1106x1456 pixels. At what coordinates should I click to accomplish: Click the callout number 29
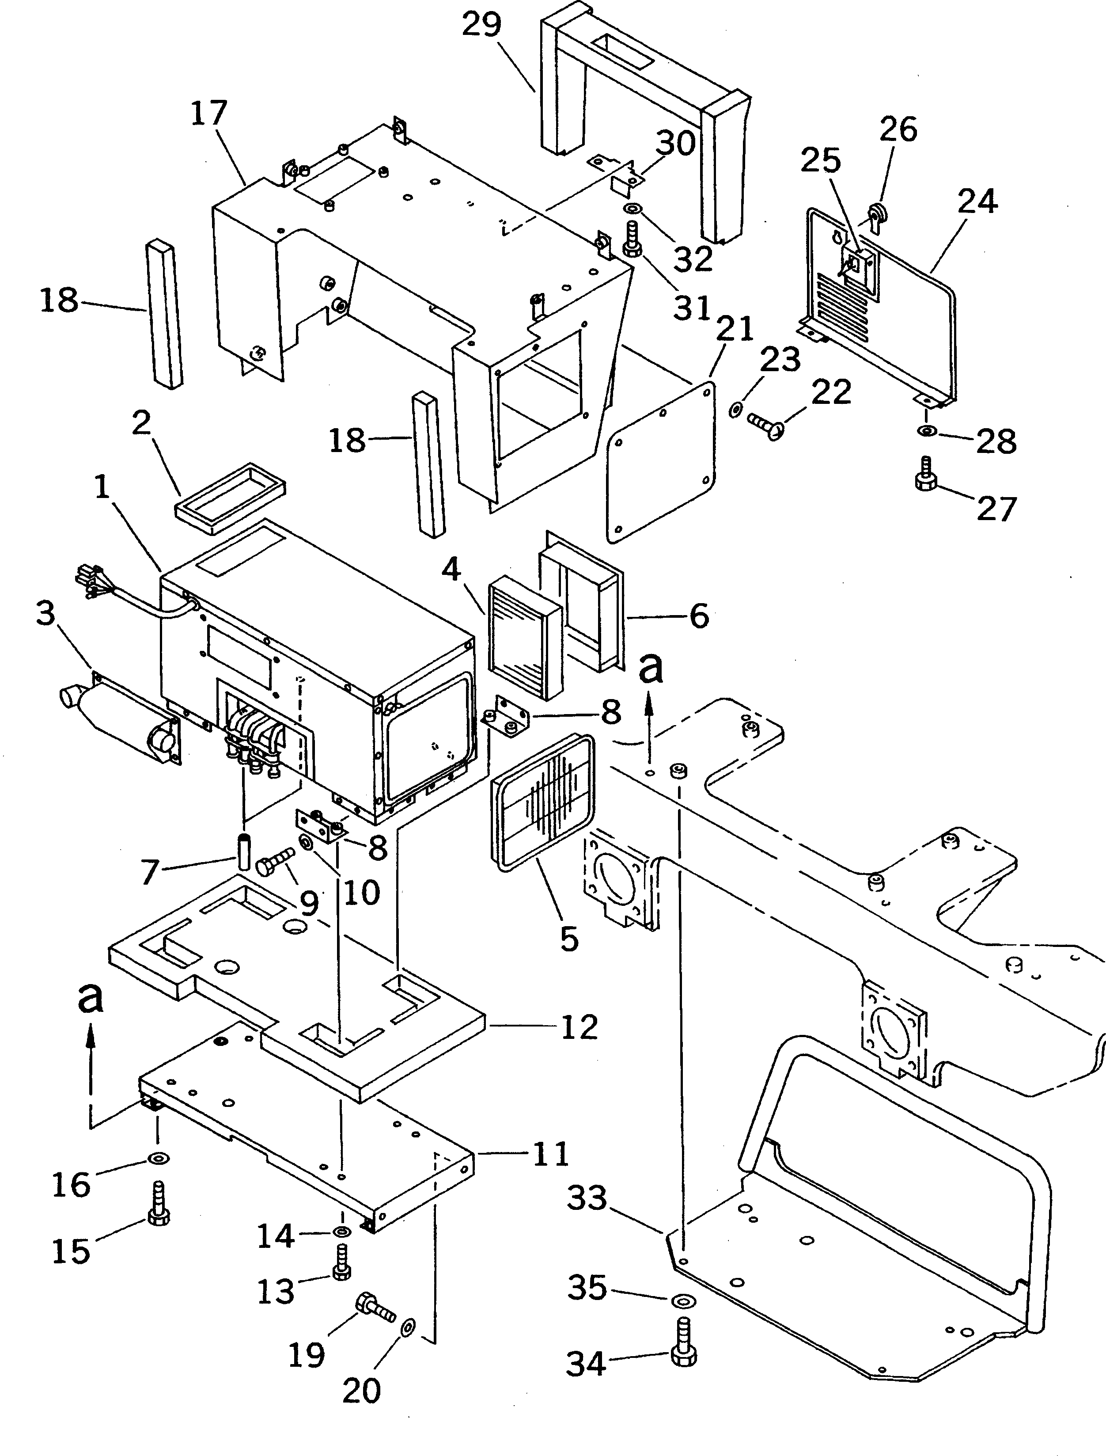click(x=481, y=25)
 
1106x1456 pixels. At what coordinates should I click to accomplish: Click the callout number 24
click(x=977, y=201)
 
